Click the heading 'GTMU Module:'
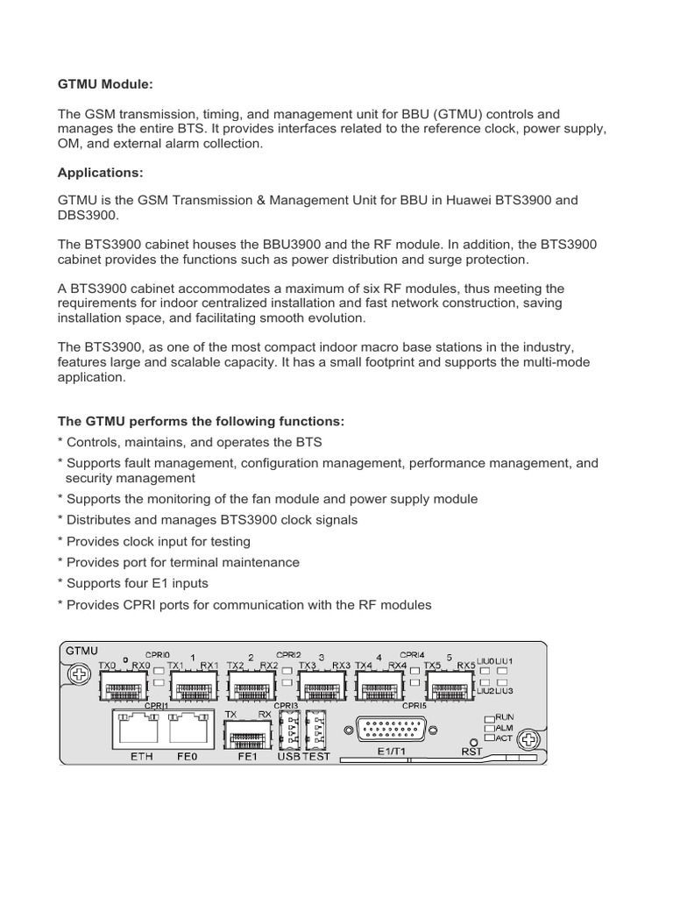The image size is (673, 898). click(105, 84)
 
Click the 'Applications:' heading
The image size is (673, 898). click(101, 172)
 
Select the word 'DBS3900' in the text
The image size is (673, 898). click(88, 215)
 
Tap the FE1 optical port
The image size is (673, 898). click(248, 728)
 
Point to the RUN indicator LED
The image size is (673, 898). click(490, 716)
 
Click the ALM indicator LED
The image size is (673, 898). click(490, 728)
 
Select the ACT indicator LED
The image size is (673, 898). click(490, 738)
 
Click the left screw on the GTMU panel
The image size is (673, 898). click(79, 674)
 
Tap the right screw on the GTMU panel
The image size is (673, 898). click(527, 742)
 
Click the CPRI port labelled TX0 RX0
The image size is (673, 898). click(127, 684)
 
